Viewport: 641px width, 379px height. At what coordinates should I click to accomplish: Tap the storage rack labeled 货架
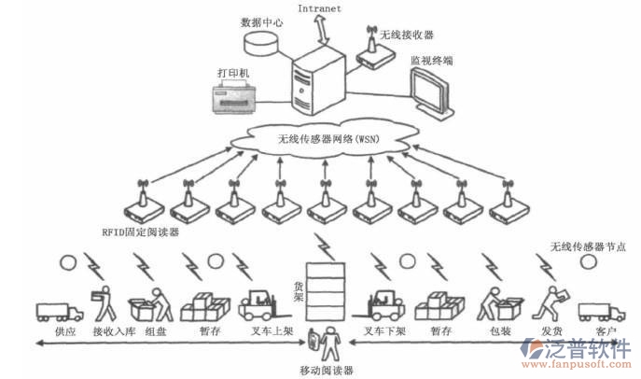tap(320, 290)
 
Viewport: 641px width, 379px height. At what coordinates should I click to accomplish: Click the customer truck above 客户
tap(601, 311)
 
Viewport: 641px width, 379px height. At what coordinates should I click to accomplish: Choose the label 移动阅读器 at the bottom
tap(327, 371)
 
